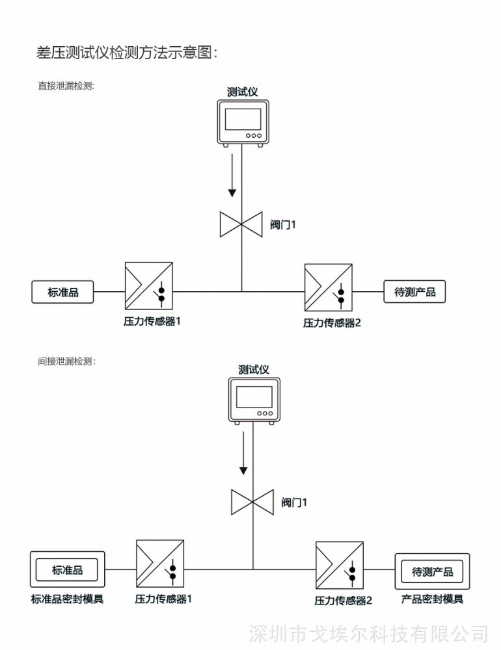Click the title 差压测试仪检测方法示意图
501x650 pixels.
coord(127,53)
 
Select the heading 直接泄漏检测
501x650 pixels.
coord(66,86)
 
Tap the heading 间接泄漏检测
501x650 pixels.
coord(66,361)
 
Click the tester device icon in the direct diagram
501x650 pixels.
coord(243,123)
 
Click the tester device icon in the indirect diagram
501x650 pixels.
coord(254,401)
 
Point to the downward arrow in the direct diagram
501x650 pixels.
coord(232,175)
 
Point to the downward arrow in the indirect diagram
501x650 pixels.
coord(243,452)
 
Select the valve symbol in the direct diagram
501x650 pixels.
coord(241,224)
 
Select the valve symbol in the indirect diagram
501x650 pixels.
coord(252,502)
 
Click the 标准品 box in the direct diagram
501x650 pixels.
coord(62,292)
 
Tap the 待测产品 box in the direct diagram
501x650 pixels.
coord(414,291)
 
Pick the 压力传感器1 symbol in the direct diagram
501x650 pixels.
coord(148,285)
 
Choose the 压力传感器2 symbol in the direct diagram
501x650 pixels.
coord(329,288)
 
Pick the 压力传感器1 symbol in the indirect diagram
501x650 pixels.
coord(160,564)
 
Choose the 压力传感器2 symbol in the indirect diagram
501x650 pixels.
coord(340,565)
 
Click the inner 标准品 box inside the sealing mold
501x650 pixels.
coord(67,570)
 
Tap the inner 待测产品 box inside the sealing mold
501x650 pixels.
coord(432,571)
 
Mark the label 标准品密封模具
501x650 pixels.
coord(67,599)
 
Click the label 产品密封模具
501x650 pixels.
coord(432,599)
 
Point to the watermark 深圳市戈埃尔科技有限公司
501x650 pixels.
coord(368,634)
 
